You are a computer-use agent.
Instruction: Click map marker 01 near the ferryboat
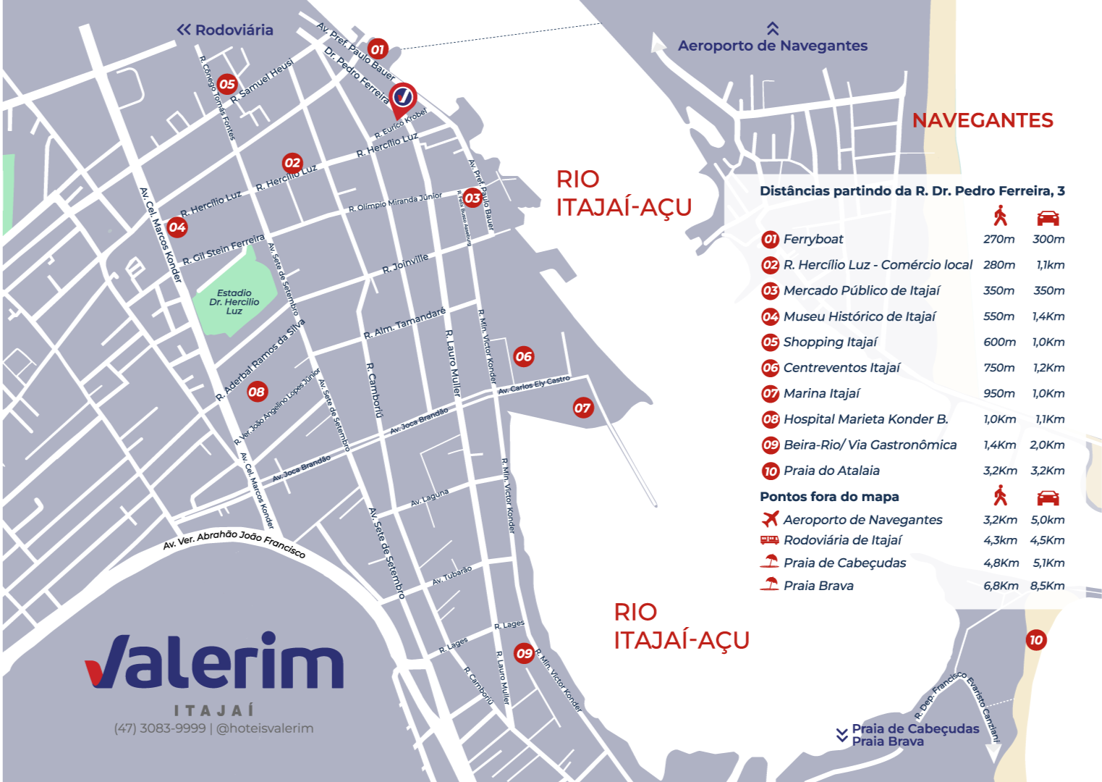click(377, 49)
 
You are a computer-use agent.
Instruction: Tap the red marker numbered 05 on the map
click(227, 84)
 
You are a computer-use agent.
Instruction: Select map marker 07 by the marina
click(582, 408)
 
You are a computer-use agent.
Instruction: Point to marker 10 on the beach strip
click(1035, 639)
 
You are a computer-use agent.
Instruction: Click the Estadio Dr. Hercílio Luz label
click(234, 302)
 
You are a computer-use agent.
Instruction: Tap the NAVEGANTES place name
click(982, 120)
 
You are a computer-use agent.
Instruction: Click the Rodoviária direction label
click(226, 30)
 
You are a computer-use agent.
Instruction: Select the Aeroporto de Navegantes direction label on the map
click(772, 45)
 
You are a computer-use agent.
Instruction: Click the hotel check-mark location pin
click(402, 97)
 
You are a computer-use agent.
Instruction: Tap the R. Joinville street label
click(405, 263)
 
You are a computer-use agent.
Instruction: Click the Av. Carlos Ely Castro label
click(534, 385)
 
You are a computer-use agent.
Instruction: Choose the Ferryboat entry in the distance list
click(813, 239)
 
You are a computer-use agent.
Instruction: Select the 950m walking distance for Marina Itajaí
click(999, 393)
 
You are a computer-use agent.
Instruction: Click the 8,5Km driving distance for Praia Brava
click(1047, 586)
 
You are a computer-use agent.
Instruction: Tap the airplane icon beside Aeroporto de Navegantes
click(770, 519)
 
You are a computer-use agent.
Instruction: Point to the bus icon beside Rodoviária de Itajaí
click(769, 540)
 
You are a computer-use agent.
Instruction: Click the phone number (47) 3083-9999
click(159, 728)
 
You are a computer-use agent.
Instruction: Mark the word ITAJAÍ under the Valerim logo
click(214, 710)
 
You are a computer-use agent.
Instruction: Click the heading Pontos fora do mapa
click(829, 497)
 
